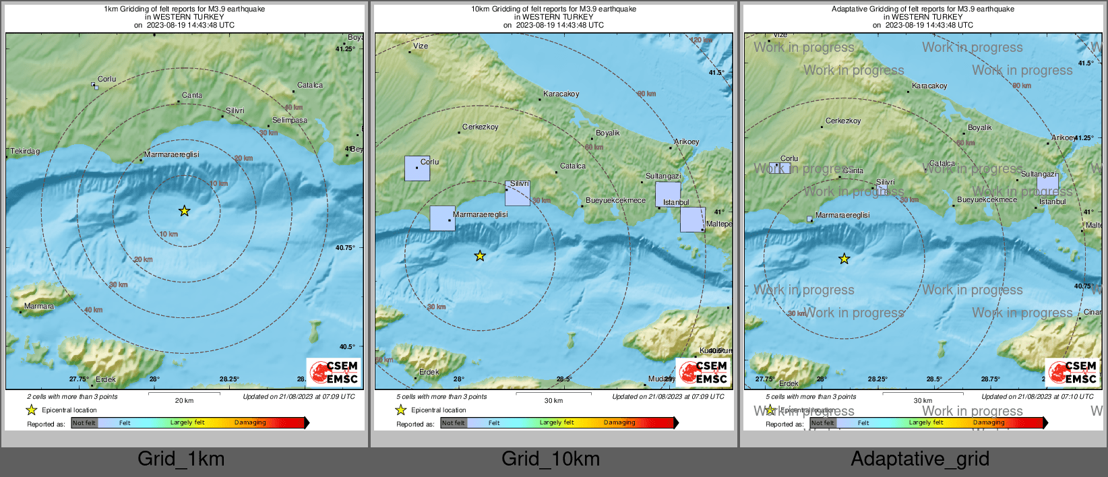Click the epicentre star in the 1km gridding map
184,211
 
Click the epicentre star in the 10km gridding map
480,256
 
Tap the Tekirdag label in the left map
25,151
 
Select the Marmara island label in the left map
39,306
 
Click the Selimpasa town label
290,120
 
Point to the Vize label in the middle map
421,46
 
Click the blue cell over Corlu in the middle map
417,168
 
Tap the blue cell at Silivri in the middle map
518,193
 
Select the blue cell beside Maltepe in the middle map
692,220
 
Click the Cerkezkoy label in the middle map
481,127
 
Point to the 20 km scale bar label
184,400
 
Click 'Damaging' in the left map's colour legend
250,422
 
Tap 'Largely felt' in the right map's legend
926,422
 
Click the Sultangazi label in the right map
1039,174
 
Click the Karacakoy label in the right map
929,86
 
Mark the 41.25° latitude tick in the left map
345,49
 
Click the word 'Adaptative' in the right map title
851,9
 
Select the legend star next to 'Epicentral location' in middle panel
400,410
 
